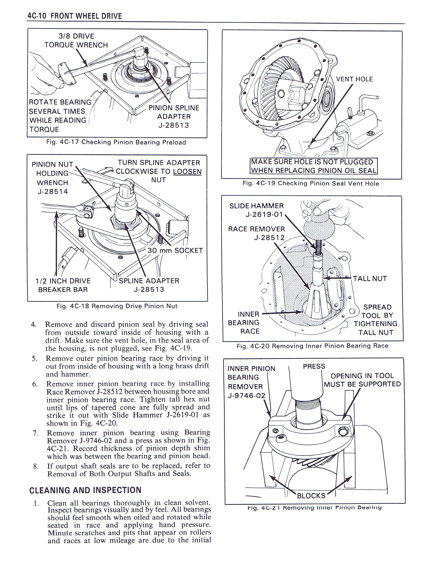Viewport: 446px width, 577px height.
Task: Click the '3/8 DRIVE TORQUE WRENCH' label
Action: click(76, 41)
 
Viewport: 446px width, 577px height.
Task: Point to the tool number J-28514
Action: click(53, 191)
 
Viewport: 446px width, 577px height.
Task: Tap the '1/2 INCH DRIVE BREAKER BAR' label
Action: click(63, 285)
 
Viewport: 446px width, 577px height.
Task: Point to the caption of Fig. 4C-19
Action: click(311, 183)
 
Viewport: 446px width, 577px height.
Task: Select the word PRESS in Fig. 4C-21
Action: click(314, 366)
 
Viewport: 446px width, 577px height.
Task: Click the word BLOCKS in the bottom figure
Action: click(311, 496)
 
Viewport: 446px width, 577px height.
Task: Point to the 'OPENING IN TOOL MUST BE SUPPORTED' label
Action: click(362, 380)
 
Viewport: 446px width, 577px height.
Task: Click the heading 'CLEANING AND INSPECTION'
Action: click(85, 490)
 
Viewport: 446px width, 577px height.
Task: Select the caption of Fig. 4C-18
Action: click(117, 306)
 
